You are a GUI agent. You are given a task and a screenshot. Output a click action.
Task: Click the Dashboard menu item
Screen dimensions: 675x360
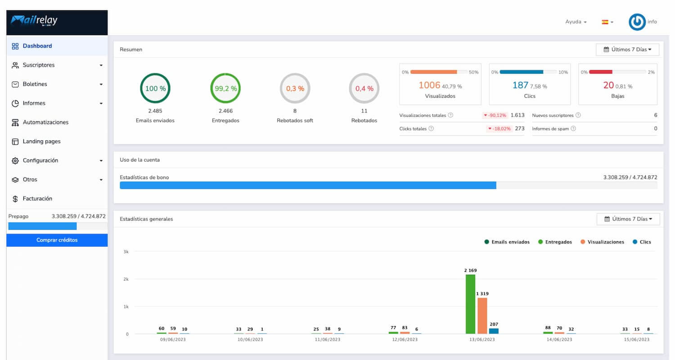[x=37, y=46]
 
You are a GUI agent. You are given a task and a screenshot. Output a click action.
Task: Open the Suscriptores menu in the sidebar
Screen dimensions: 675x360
[x=39, y=65]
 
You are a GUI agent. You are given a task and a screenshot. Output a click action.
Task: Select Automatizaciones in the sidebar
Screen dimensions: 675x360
[x=45, y=122]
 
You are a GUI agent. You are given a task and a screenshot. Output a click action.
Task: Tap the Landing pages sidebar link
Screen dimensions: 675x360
[x=41, y=141]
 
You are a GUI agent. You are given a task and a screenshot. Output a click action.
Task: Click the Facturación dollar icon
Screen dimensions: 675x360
[x=15, y=199]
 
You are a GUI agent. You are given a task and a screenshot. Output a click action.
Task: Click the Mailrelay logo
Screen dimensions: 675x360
[x=34, y=21]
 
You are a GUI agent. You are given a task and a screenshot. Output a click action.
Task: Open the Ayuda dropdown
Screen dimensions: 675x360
[x=576, y=22]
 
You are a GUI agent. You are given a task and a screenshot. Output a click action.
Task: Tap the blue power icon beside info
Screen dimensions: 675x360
[x=637, y=22]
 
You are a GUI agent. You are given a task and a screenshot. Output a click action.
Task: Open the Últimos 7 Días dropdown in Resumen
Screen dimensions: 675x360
[x=627, y=49]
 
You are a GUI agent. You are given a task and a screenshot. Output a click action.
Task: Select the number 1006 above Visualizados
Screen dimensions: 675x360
[x=429, y=85]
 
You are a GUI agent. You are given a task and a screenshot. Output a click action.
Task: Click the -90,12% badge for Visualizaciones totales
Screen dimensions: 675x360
[x=495, y=115]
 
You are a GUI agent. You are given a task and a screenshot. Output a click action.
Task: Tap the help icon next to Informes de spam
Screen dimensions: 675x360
[x=573, y=129]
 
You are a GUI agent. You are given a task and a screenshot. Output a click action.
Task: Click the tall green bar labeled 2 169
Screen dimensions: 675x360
[x=470, y=304]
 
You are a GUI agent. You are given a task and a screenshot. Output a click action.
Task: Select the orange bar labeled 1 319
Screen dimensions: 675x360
[x=482, y=316]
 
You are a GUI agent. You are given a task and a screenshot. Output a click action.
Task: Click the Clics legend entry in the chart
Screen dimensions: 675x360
[x=642, y=242]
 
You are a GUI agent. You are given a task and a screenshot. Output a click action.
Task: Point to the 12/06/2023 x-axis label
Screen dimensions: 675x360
[x=405, y=339]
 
